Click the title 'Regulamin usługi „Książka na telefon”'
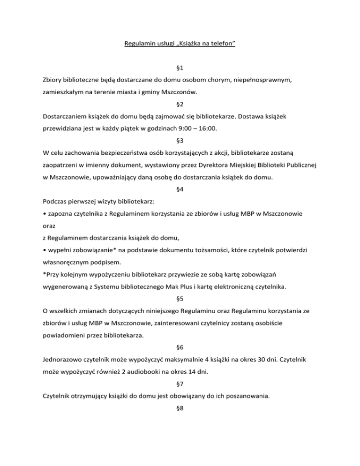[x=180, y=45]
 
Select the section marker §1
[x=180, y=68]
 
